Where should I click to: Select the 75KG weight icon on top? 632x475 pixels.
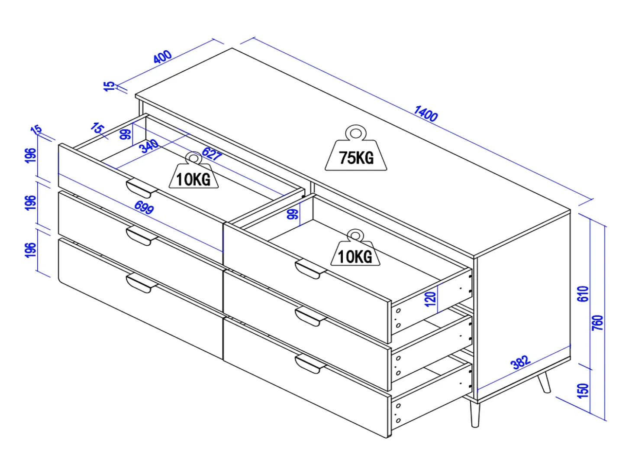(x=356, y=148)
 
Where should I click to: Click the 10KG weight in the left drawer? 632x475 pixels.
(x=193, y=170)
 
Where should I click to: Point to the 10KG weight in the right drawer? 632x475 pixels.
(x=355, y=247)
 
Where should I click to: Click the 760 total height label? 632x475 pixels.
(x=598, y=323)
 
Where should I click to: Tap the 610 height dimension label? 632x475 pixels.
(x=583, y=294)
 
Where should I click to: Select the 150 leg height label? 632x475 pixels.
(x=583, y=390)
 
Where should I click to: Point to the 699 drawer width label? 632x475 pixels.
(x=144, y=207)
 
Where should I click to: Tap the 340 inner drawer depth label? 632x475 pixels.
(x=148, y=146)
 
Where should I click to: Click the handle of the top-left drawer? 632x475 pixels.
(x=141, y=189)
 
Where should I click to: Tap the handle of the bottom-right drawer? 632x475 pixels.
(x=310, y=364)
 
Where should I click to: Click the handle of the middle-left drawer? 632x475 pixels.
(x=141, y=236)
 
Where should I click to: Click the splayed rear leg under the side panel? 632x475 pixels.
(x=544, y=382)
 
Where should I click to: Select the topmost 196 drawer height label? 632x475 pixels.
(x=31, y=156)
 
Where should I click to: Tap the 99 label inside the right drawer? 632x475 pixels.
(x=293, y=214)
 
